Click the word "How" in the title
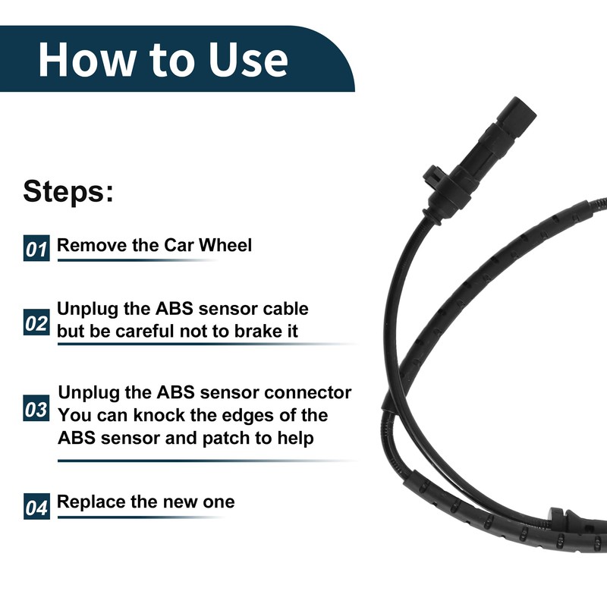84,59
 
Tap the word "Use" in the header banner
247,59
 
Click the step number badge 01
36,248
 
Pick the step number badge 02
36,323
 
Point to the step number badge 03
36,410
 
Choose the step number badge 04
36,505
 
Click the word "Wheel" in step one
227,245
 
